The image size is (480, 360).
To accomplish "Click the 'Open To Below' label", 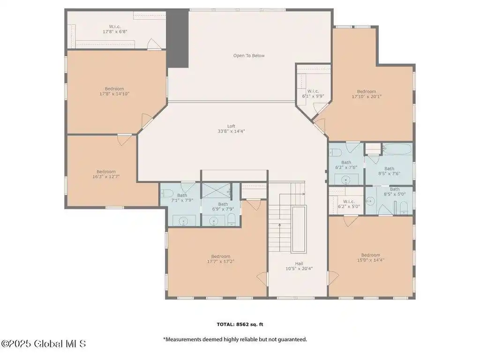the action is click(x=249, y=56).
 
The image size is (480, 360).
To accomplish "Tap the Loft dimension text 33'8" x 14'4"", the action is click(x=231, y=131).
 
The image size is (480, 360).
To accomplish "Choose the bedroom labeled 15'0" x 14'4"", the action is click(x=370, y=257).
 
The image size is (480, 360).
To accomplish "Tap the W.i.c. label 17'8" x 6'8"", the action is click(x=115, y=29).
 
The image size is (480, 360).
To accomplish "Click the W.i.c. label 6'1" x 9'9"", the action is click(x=313, y=94).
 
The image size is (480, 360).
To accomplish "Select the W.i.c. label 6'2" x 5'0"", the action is click(x=349, y=204).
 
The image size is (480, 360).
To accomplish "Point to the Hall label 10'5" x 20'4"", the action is click(x=299, y=266).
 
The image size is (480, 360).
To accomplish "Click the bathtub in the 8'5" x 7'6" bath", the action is click(x=397, y=149).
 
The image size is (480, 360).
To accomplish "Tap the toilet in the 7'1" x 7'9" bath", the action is click(x=166, y=193).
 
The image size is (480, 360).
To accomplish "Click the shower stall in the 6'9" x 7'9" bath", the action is click(x=217, y=190).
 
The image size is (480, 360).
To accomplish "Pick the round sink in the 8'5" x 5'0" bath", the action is click(x=370, y=201).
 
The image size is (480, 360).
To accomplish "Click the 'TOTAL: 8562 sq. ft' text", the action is click(x=240, y=324).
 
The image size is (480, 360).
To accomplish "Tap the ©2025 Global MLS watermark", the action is click(x=44, y=344).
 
